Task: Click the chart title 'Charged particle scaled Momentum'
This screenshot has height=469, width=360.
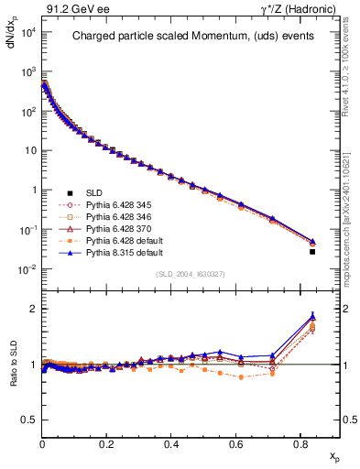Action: click(189, 38)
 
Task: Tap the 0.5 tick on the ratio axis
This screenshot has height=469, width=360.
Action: click(28, 420)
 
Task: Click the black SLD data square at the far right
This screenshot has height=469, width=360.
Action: click(313, 251)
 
